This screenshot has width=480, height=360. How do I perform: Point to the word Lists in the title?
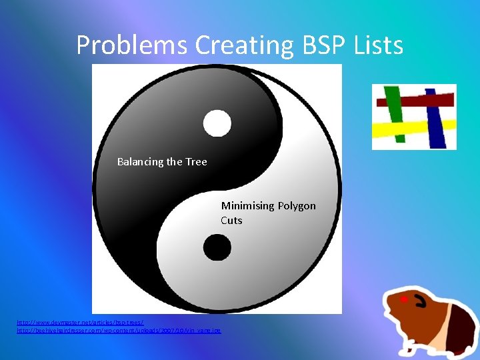(x=380, y=45)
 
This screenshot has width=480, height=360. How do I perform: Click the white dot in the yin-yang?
(x=217, y=123)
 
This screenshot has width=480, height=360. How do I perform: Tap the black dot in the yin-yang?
(x=217, y=248)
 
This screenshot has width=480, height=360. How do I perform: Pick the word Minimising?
(x=247, y=206)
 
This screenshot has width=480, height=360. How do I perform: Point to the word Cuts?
(x=232, y=221)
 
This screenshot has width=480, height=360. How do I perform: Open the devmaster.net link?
(x=80, y=323)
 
